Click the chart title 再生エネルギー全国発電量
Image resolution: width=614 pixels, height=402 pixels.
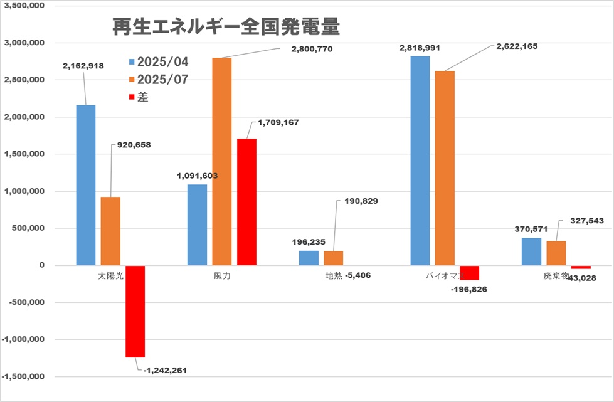point(226,27)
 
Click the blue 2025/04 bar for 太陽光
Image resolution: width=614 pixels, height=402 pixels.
point(86,185)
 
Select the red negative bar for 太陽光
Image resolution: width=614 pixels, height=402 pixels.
point(135,311)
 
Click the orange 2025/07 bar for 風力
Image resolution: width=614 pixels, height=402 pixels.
point(222,161)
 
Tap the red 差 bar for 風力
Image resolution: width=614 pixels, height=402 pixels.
point(246,202)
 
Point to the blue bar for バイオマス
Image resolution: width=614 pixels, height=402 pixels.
point(420,161)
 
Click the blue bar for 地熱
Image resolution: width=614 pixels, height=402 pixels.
point(309,258)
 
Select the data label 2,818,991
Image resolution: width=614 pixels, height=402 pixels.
point(418,48)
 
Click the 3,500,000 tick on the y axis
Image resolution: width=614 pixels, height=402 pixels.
point(25,6)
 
